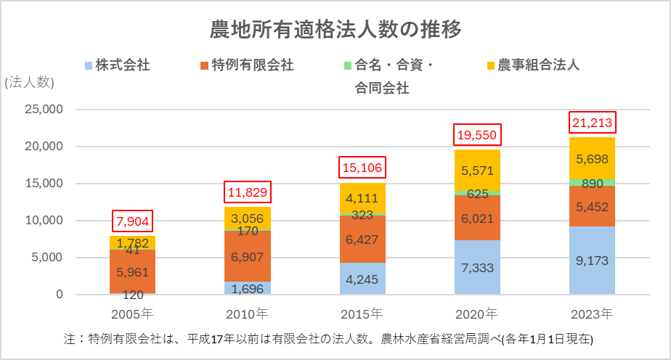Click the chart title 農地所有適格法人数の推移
[335, 30]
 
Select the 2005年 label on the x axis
[132, 314]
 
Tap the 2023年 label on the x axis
[592, 314]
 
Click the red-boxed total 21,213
[593, 122]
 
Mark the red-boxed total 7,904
[133, 221]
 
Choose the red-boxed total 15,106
[362, 168]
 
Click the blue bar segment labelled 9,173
[593, 260]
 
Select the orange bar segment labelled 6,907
[248, 255]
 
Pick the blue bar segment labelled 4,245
[362, 279]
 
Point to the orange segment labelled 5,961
[133, 272]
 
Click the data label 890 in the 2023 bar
[593, 182]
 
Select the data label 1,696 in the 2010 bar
[248, 288]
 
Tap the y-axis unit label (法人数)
[30, 83]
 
